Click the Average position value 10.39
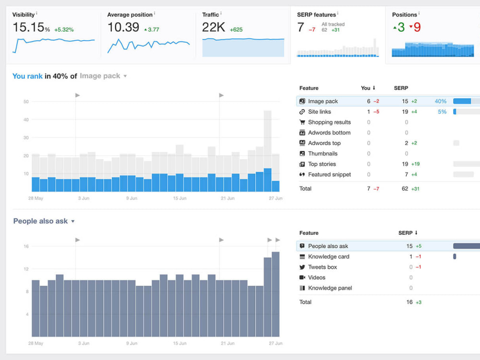[123, 27]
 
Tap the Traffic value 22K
[214, 27]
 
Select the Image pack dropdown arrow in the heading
[125, 76]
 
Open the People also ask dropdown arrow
[73, 221]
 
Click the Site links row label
[319, 112]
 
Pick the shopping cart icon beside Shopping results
[302, 122]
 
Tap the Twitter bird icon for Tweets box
[302, 267]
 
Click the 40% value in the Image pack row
[441, 101]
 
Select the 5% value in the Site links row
[442, 112]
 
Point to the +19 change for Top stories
[415, 164]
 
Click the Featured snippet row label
[329, 175]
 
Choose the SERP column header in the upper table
[401, 88]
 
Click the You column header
[365, 88]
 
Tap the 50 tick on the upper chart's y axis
[26, 102]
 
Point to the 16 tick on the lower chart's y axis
[26, 246]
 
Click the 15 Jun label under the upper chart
[180, 198]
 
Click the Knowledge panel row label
[330, 288]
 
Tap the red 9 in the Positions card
[417, 27]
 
